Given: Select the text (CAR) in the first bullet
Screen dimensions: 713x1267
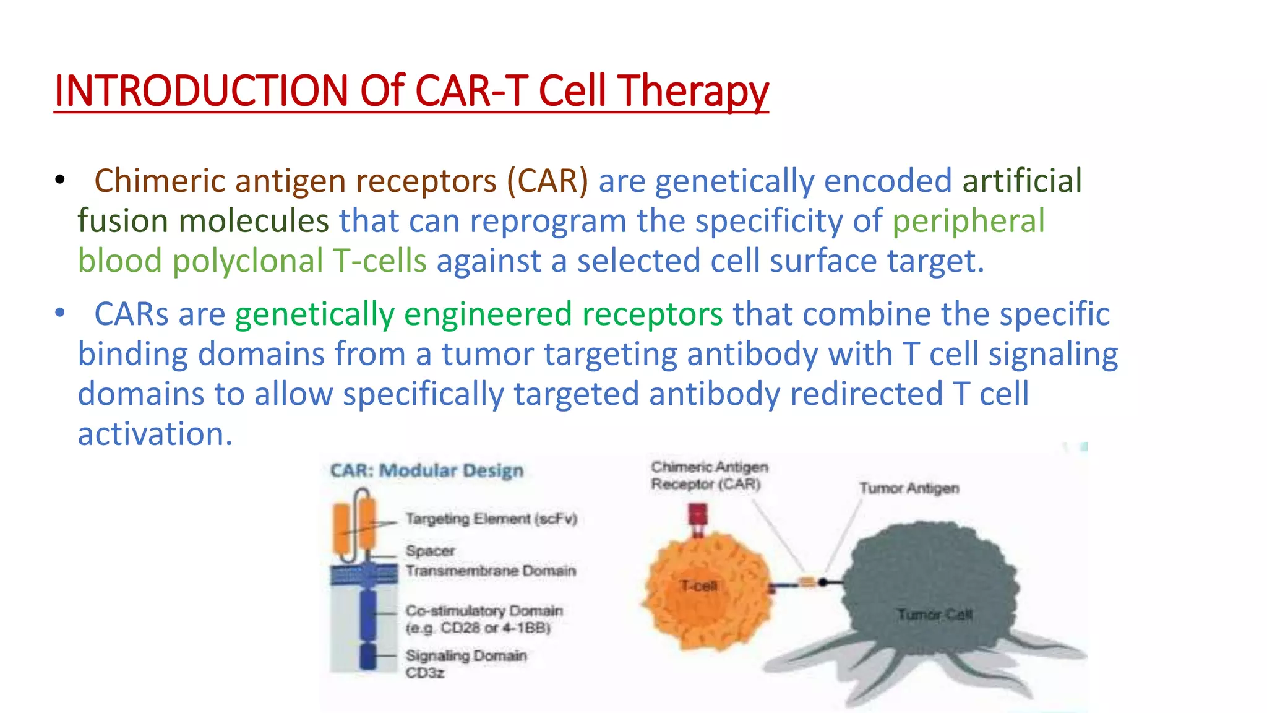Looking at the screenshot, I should tap(548, 181).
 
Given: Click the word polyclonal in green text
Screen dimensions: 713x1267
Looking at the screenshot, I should tap(247, 261).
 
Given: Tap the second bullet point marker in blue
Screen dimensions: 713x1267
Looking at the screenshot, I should tap(59, 313).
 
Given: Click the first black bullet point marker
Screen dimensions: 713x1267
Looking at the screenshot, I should tap(59, 180).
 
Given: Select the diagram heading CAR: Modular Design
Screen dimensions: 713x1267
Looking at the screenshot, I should tap(427, 470).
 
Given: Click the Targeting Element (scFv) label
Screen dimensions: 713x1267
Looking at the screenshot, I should tap(491, 519).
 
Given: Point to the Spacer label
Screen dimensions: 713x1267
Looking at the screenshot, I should tap(430, 550).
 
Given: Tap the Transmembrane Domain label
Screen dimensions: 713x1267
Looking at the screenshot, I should tap(491, 570).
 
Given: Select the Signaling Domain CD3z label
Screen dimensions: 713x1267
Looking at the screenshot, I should tap(465, 663).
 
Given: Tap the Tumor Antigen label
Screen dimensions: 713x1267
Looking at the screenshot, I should tap(909, 488).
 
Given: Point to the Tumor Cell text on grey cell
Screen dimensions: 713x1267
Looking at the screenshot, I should tap(935, 615).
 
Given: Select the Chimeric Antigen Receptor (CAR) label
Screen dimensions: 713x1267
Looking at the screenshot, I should tap(709, 475).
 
